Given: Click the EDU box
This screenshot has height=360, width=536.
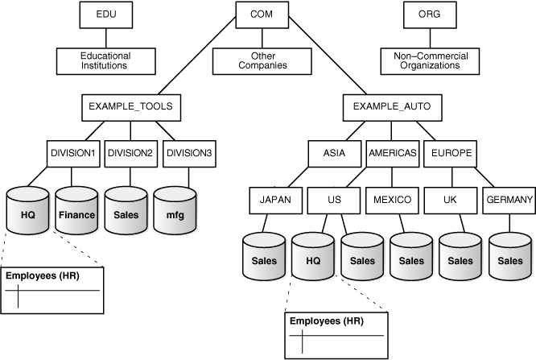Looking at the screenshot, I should [x=104, y=14].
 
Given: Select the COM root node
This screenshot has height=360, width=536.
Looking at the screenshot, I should [x=262, y=14].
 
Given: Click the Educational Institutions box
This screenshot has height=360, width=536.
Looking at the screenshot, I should [x=104, y=60].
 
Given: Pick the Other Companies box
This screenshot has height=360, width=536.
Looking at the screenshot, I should [x=260, y=60].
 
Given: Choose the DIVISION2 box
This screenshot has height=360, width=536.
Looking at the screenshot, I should [x=130, y=153].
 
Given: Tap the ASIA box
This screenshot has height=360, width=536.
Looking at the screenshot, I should [x=333, y=153].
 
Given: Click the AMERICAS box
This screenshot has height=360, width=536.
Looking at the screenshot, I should [x=392, y=153].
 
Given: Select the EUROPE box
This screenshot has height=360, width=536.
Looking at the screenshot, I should [x=450, y=153].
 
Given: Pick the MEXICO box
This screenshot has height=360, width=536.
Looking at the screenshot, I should [x=392, y=199].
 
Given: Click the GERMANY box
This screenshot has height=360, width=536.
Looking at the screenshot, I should [x=509, y=199].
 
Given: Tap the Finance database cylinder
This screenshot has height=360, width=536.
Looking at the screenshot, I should [x=76, y=211].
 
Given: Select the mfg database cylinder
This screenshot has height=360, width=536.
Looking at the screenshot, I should [x=175, y=211].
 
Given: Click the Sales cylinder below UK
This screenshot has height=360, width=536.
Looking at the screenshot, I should [x=460, y=256].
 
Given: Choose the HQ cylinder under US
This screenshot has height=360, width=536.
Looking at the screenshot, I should [x=312, y=256].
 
